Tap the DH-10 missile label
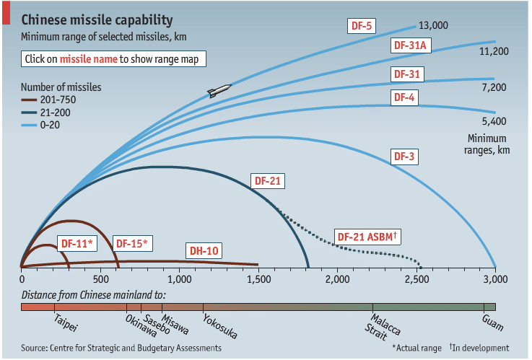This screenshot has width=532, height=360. (x=204, y=250)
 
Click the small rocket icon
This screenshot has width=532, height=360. (x=219, y=91)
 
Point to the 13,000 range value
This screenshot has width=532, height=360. (x=433, y=26)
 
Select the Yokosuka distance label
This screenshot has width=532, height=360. (x=219, y=326)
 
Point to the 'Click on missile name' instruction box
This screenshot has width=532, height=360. (x=113, y=59)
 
